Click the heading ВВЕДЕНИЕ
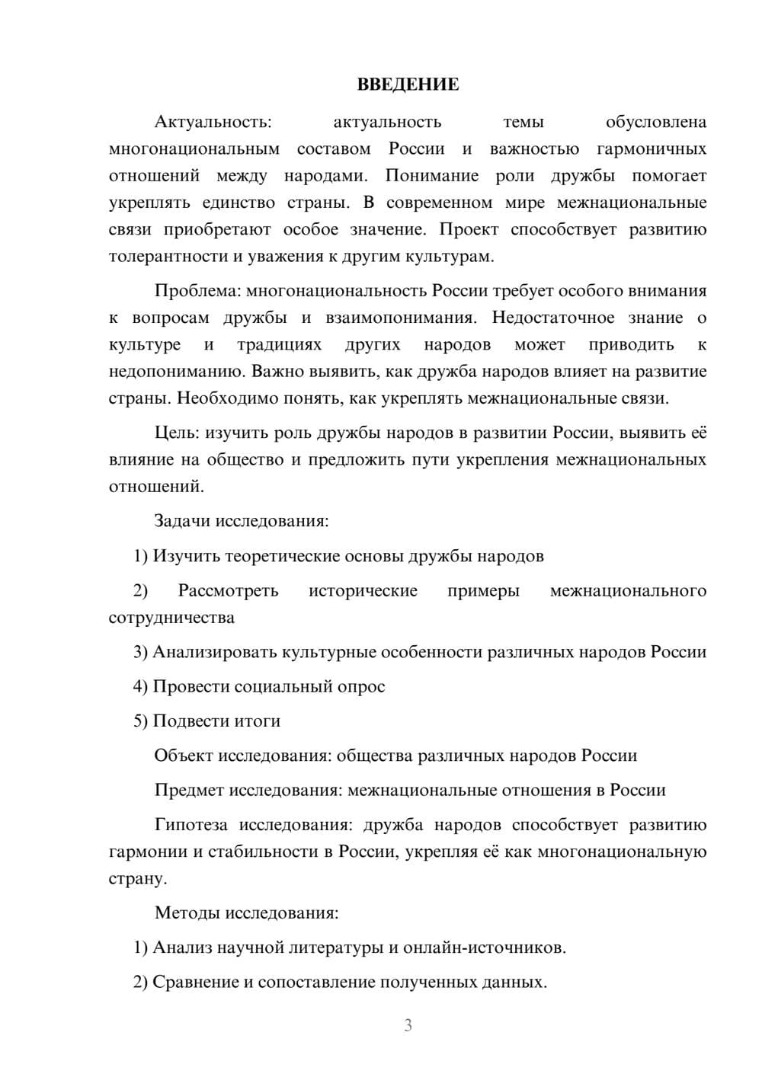pyautogui.click(x=408, y=85)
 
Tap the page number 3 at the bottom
pyautogui.click(x=408, y=1025)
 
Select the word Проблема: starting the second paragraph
pyautogui.click(x=197, y=290)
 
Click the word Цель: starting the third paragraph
pyautogui.click(x=177, y=433)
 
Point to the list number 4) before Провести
pyautogui.click(x=140, y=686)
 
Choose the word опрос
pyautogui.click(x=360, y=686)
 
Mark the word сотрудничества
pyautogui.click(x=171, y=617)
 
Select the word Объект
pyautogui.click(x=184, y=756)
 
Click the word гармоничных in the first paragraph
pyautogui.click(x=651, y=149)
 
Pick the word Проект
pyautogui.click(x=468, y=229)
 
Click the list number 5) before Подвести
pyautogui.click(x=140, y=721)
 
